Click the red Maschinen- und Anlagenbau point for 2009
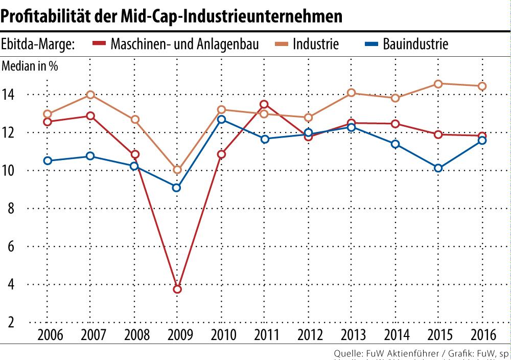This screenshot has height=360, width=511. (x=177, y=289)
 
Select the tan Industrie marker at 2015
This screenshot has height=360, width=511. (x=438, y=84)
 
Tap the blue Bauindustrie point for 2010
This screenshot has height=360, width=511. (x=221, y=120)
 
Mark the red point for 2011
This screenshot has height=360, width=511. (x=264, y=104)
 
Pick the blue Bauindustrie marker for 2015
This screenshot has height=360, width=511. (x=438, y=168)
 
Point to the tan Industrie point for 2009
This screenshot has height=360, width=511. (x=177, y=170)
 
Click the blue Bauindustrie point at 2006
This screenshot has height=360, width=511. (x=48, y=161)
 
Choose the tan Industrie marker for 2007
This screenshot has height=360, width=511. (x=90, y=95)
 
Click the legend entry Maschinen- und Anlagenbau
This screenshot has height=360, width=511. (x=184, y=44)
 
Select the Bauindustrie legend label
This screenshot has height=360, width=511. (x=415, y=44)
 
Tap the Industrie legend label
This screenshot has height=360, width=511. (x=315, y=44)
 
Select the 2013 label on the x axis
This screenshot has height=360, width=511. (x=353, y=335)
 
